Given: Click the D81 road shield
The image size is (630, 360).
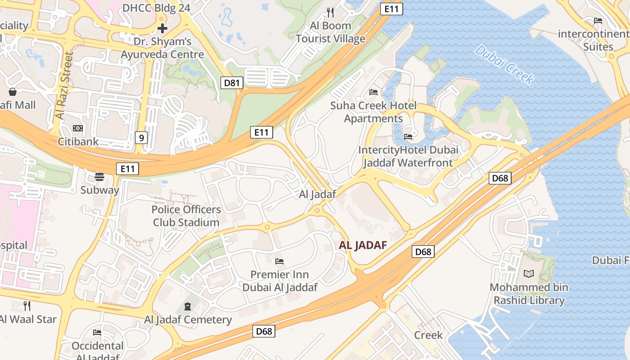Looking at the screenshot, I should click(x=232, y=82).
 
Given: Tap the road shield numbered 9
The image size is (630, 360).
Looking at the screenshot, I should click(x=141, y=138).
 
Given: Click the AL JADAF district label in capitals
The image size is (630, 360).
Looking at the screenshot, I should click(x=363, y=245).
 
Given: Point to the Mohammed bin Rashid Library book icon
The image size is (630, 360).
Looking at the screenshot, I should click(x=529, y=274).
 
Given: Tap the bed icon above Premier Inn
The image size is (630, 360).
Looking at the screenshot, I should click(x=279, y=261).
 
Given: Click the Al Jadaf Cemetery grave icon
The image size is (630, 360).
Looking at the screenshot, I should click(x=187, y=306).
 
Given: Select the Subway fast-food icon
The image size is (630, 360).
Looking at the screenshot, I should click(x=99, y=176).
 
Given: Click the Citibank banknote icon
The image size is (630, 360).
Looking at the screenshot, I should click(x=78, y=128).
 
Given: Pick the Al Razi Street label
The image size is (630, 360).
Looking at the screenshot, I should click(x=64, y=85).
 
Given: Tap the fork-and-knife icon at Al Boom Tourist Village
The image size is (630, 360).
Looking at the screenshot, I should click(x=331, y=12).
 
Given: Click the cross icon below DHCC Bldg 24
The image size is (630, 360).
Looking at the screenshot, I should click(x=162, y=28).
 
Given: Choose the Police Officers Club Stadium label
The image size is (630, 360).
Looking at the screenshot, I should click(x=186, y=216).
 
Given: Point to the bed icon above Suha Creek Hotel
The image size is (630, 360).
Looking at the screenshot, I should click(x=373, y=92).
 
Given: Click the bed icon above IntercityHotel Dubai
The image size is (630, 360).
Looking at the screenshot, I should click(x=408, y=136).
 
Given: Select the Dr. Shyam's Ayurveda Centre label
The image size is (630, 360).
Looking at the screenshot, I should click(x=162, y=48).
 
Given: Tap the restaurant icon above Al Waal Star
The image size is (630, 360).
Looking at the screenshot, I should click(x=27, y=306).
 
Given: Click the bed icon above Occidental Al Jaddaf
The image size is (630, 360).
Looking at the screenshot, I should click(x=97, y=333).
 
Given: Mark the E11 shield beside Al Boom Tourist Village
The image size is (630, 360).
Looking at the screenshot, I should click(x=391, y=9).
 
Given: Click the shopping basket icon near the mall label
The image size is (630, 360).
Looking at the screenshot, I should click(x=13, y=92).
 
